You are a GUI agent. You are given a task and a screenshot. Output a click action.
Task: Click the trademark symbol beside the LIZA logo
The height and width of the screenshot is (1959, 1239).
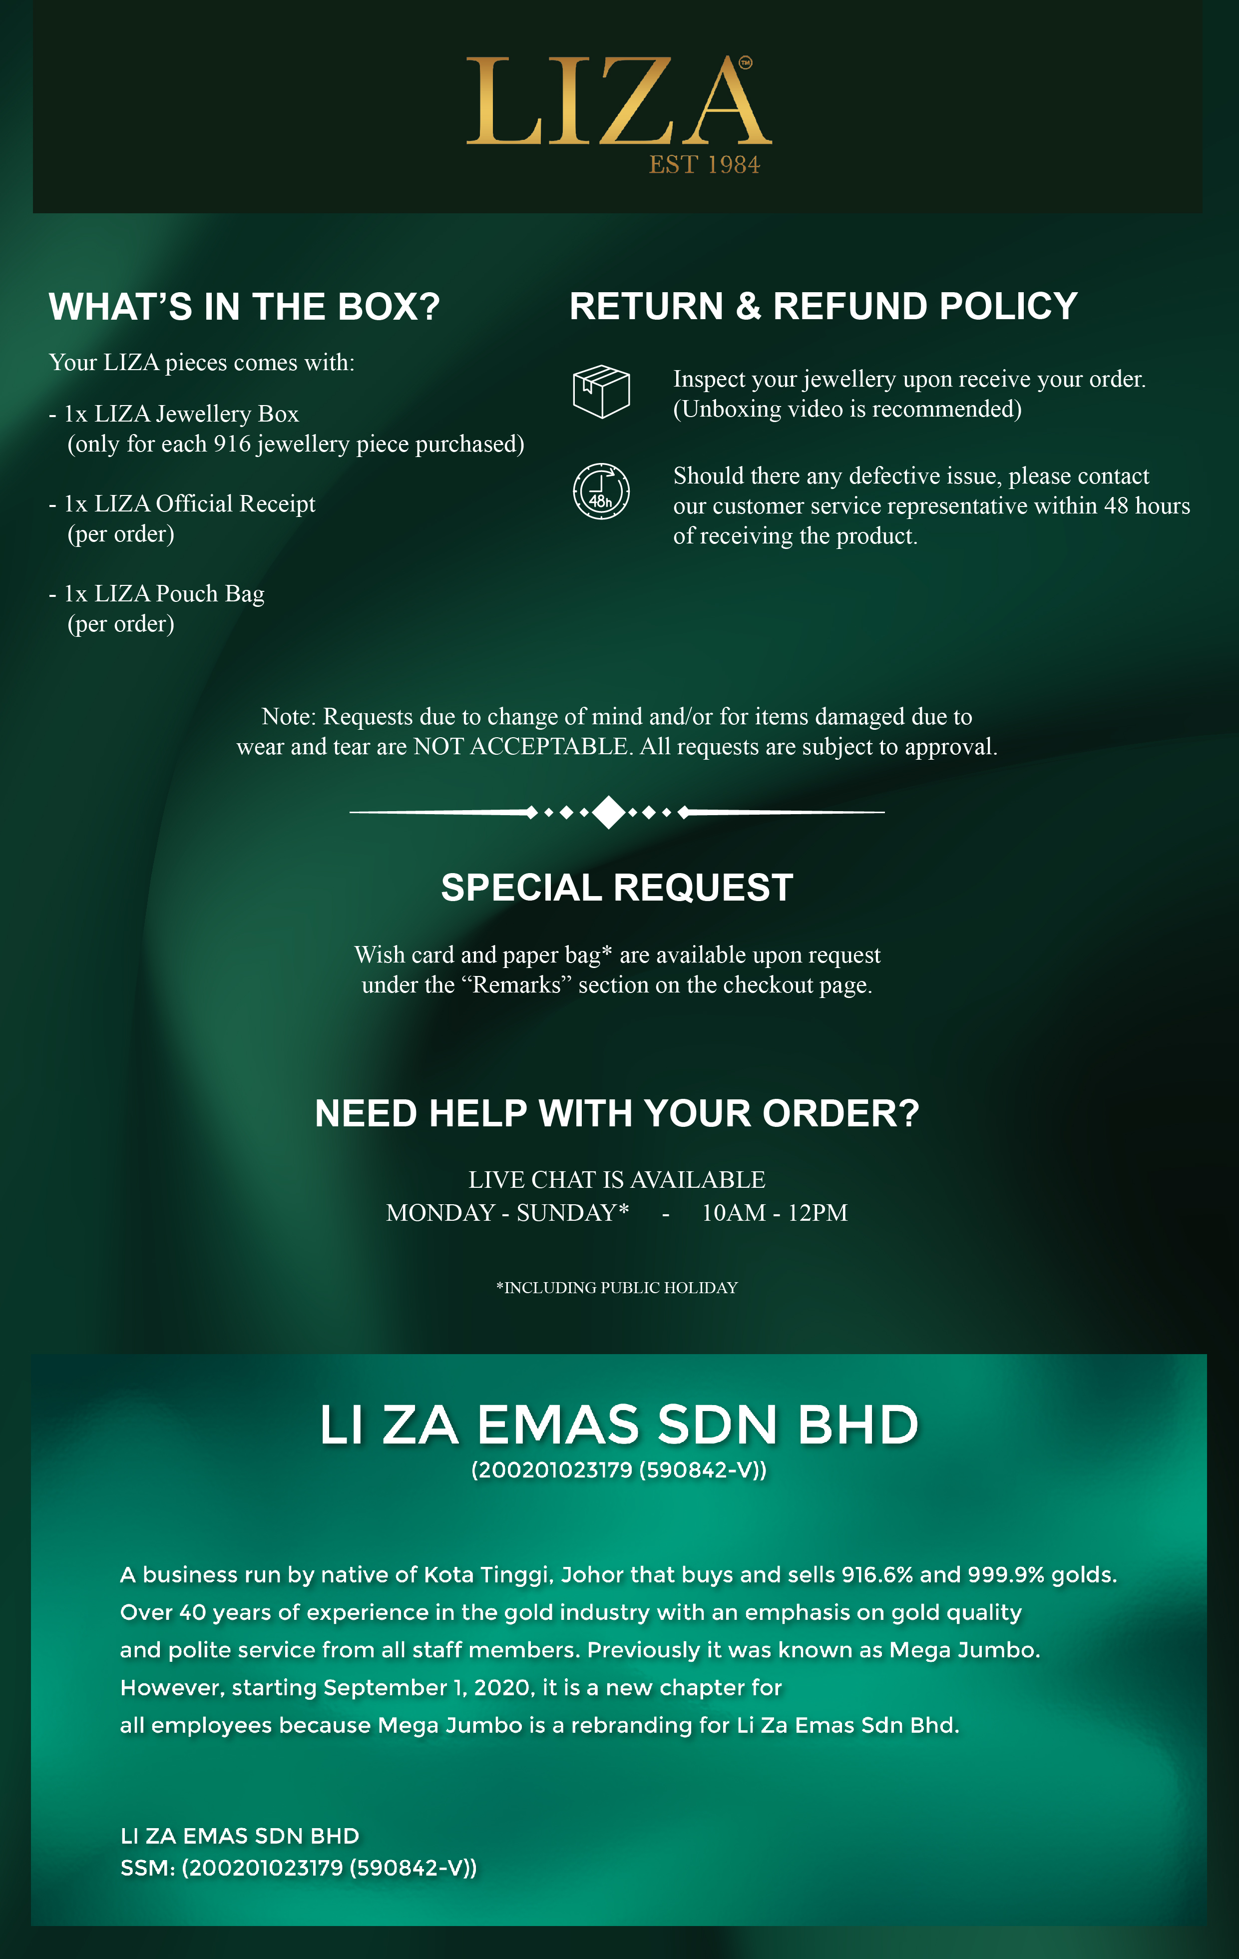pos(745,62)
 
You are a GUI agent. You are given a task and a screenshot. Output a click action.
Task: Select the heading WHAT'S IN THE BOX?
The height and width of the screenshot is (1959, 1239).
pos(244,307)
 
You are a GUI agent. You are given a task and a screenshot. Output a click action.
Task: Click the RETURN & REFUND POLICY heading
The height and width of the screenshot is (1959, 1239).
pos(824,307)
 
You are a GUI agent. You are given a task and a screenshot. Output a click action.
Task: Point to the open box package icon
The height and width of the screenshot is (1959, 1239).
pos(601,392)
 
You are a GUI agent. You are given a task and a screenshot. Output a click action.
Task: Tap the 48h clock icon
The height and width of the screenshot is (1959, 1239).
pos(601,491)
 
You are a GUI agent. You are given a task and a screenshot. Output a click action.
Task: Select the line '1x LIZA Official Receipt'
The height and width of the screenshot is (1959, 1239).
pos(190,504)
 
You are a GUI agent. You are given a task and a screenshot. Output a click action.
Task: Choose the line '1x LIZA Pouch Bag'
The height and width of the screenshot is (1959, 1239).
pos(164,594)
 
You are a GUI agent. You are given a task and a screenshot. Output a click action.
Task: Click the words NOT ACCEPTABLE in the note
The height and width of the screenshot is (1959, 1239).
pos(521,747)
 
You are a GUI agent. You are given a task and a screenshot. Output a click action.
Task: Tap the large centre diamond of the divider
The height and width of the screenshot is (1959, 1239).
pos(609,812)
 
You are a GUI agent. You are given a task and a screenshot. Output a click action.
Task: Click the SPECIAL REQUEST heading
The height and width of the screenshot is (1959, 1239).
pos(617,888)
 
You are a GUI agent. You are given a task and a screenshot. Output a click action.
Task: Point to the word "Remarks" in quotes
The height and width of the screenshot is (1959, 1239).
pos(516,985)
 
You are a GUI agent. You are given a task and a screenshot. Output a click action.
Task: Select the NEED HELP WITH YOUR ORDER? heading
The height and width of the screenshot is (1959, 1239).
pos(617,1114)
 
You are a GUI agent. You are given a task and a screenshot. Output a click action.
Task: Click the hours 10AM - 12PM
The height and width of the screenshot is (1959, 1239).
pos(775,1213)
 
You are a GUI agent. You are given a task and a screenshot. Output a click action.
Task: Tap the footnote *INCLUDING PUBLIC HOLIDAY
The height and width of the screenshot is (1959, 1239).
pos(617,1288)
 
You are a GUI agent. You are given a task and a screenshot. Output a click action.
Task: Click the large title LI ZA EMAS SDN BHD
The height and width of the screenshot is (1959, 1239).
pos(618,1426)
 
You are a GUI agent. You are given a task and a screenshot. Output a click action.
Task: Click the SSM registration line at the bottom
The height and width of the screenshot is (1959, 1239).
pos(299,1868)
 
